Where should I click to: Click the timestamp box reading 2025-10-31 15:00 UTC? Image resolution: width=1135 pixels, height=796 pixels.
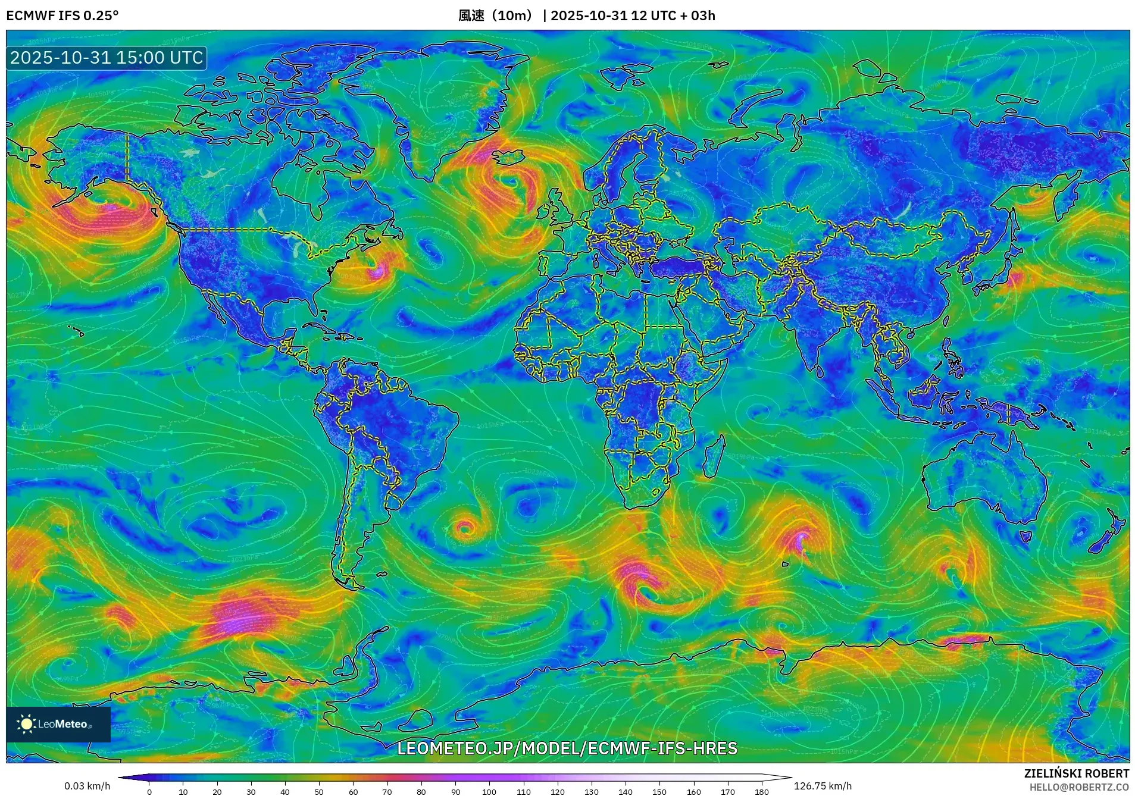point(107,58)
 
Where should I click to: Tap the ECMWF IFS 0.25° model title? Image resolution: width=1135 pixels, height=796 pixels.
point(62,15)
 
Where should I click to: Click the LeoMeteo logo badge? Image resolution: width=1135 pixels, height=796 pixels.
point(58,724)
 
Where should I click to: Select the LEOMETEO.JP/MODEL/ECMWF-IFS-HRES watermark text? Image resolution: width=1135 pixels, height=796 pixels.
point(567,748)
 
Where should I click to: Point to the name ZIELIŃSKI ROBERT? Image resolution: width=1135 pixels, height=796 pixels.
point(1076,773)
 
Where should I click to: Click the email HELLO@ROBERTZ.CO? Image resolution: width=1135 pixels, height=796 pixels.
point(1079,787)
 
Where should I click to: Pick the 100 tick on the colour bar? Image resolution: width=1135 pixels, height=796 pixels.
point(489,791)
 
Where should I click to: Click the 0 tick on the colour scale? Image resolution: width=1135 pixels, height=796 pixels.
point(149,791)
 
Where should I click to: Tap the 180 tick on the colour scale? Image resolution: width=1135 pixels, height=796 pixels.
point(761,791)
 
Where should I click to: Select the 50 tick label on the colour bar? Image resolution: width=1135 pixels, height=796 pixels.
point(319,791)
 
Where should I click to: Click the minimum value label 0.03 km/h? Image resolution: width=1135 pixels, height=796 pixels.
point(87,786)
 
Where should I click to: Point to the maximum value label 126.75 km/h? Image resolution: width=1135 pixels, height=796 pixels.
point(823,786)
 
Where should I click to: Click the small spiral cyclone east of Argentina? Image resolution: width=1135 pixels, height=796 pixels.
point(465,527)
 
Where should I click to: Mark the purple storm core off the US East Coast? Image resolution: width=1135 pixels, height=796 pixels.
point(377,272)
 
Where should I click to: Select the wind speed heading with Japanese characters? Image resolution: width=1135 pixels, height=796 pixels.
point(497,15)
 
